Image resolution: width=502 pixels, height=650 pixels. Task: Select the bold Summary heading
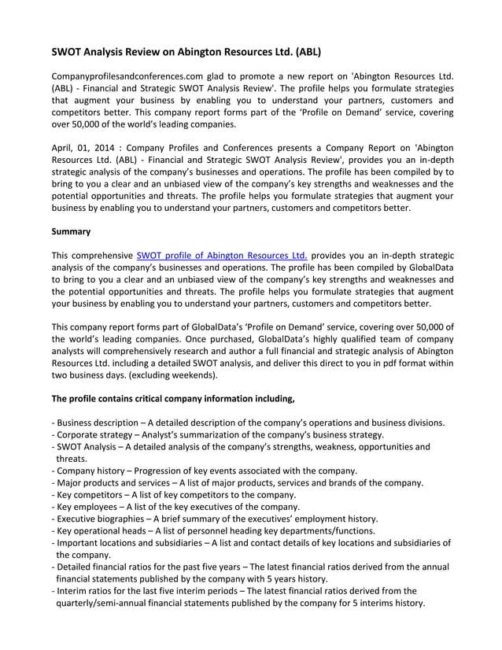click(71, 231)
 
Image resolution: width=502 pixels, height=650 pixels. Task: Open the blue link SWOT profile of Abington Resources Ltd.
click(221, 255)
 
